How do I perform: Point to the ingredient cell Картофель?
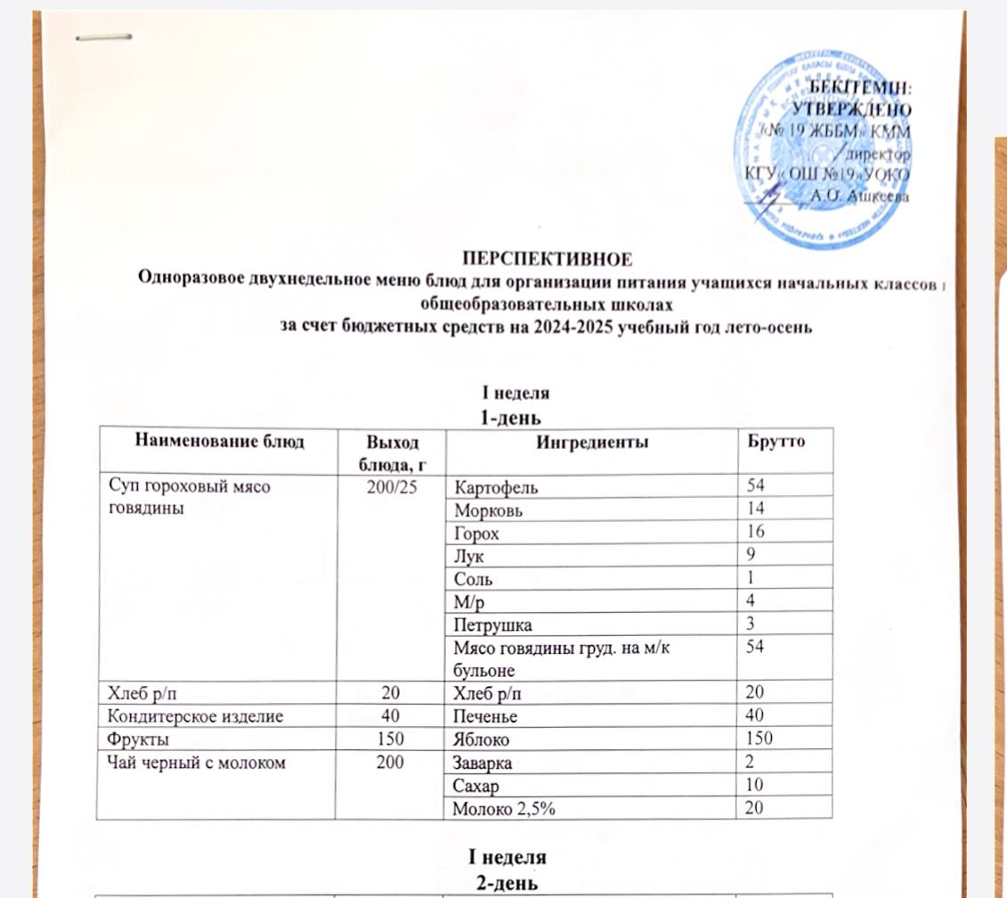click(x=496, y=487)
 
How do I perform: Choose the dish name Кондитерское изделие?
click(x=176, y=714)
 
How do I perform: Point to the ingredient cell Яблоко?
click(x=483, y=738)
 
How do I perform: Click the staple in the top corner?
click(x=104, y=38)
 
